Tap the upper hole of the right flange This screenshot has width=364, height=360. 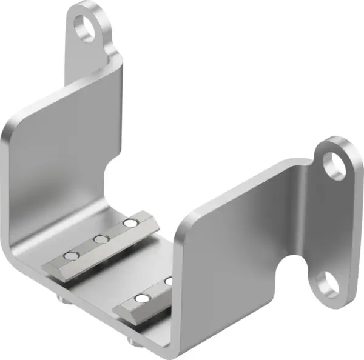point(334,164)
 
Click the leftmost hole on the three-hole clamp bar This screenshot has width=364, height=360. point(72,255)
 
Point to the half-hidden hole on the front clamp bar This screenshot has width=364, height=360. point(169,281)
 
